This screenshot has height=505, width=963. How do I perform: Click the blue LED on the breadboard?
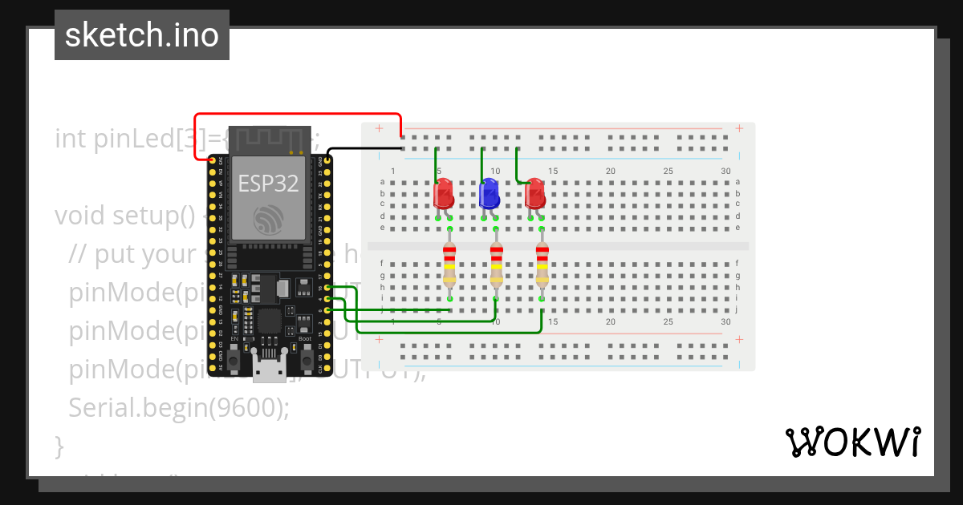[x=488, y=195]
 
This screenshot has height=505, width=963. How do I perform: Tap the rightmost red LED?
[x=534, y=195]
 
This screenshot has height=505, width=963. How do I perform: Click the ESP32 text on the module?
[x=268, y=184]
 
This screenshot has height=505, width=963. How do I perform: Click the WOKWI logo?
[x=852, y=442]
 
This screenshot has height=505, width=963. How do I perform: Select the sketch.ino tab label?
[x=142, y=35]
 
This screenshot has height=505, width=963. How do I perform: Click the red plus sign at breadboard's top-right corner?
[x=739, y=128]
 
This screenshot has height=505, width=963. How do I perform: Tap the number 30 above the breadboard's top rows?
[x=725, y=172]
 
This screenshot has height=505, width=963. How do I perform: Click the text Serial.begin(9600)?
[x=178, y=408]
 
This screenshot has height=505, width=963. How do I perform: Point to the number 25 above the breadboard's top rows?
[x=668, y=172]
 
